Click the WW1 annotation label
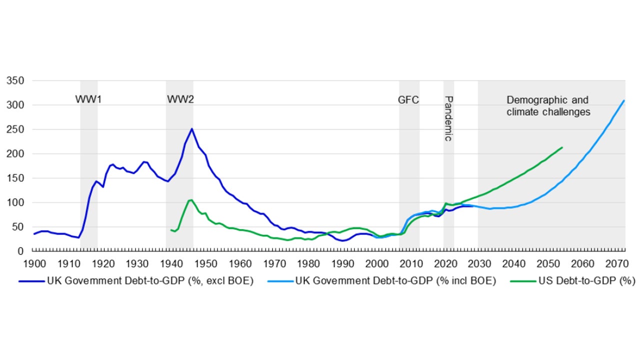pos(88,99)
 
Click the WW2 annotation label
pos(180,99)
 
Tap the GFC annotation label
pos(408,99)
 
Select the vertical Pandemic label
pos(448,118)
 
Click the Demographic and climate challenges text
pos(548,106)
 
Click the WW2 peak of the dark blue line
pos(191,128)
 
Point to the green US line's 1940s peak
pos(190,200)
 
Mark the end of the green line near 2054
pos(562,147)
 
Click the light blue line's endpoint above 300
pos(624,100)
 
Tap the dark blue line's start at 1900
pos(34,233)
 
